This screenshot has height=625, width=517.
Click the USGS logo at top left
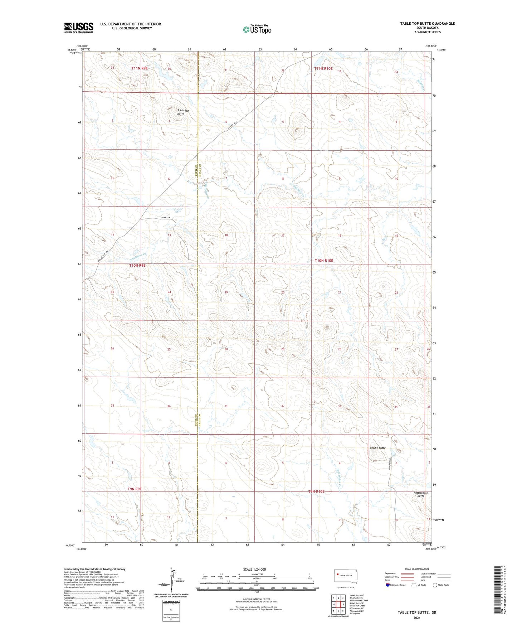pos(79,27)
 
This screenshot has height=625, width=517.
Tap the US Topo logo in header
pos(257,29)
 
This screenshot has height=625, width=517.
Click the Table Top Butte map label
pos(183,112)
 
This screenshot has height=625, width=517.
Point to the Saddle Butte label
pos(378,448)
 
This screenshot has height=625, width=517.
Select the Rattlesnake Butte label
pos(421,494)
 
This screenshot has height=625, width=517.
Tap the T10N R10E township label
pos(324,261)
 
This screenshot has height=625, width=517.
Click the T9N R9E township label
pos(135,489)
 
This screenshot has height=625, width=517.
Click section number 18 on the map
pos(226,235)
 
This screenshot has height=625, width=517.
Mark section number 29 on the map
pos(283,349)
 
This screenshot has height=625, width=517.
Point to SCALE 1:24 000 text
pos(254,569)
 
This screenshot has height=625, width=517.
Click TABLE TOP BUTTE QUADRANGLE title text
pos(427,24)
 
